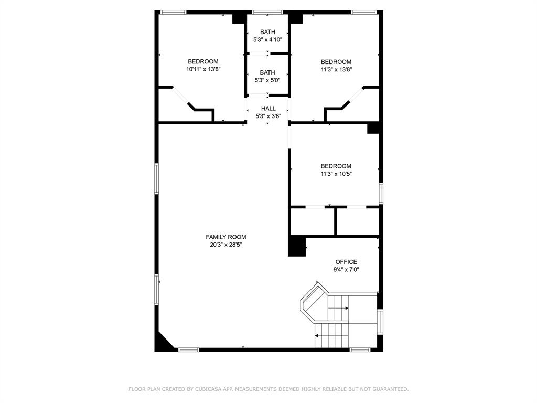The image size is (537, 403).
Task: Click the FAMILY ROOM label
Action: (225, 237)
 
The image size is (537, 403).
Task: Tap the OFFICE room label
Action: (346, 262)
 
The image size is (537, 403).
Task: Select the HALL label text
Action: (268, 108)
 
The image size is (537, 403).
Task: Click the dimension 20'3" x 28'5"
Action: (225, 245)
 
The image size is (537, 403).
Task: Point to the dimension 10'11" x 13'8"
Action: (203, 69)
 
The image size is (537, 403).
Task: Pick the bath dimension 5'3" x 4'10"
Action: (267, 40)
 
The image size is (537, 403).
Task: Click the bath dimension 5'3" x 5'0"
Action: (267, 80)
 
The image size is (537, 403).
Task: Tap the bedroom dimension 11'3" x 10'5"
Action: (336, 174)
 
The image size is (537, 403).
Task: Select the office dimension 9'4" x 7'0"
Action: (346, 270)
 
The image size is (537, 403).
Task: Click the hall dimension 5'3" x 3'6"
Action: (268, 116)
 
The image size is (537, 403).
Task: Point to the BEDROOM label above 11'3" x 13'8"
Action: (336, 62)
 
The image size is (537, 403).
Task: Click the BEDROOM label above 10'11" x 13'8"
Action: (203, 61)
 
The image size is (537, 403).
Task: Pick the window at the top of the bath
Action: (267, 13)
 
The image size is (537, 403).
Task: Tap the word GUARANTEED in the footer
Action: (390, 389)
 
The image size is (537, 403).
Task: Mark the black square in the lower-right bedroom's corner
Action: (373, 128)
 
